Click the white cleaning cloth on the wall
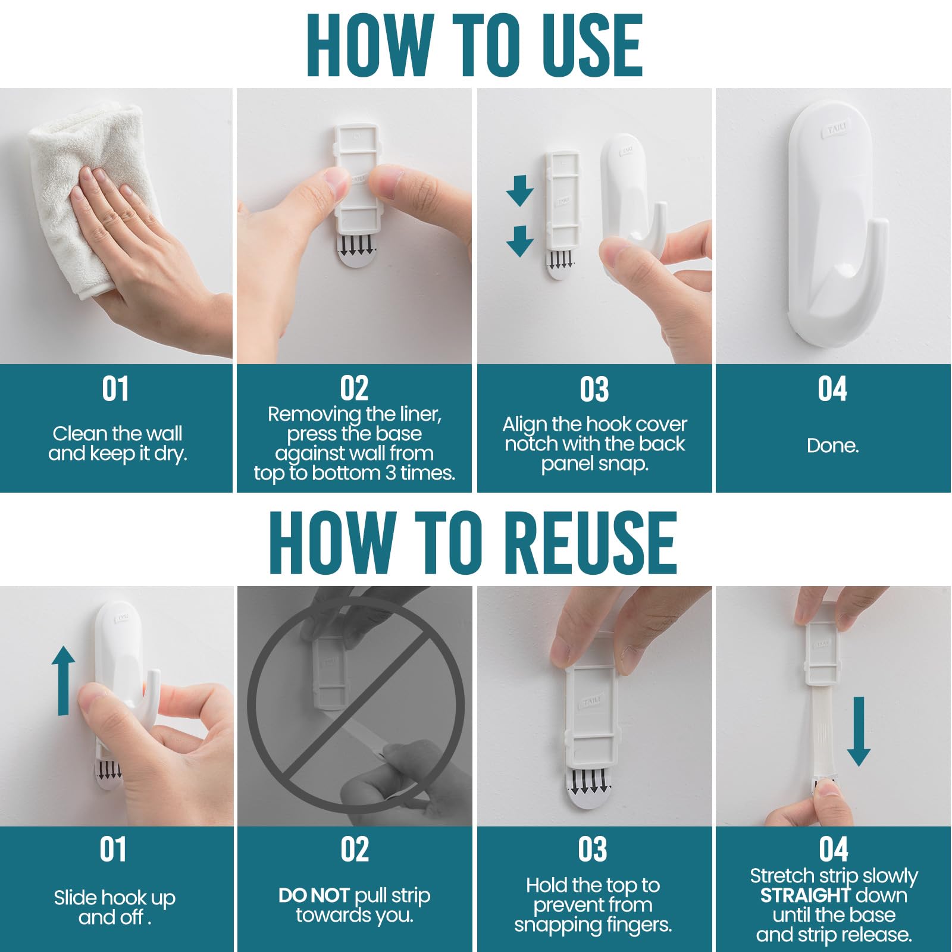coord(83,196)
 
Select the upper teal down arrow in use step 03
coord(519,190)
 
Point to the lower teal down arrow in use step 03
coord(519,241)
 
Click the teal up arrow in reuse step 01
coord(63,681)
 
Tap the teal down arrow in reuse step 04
coord(858,732)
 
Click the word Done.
coord(832,446)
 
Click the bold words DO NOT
coord(314,895)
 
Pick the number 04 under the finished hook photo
coord(832,389)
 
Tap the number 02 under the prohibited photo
coord(355,849)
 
